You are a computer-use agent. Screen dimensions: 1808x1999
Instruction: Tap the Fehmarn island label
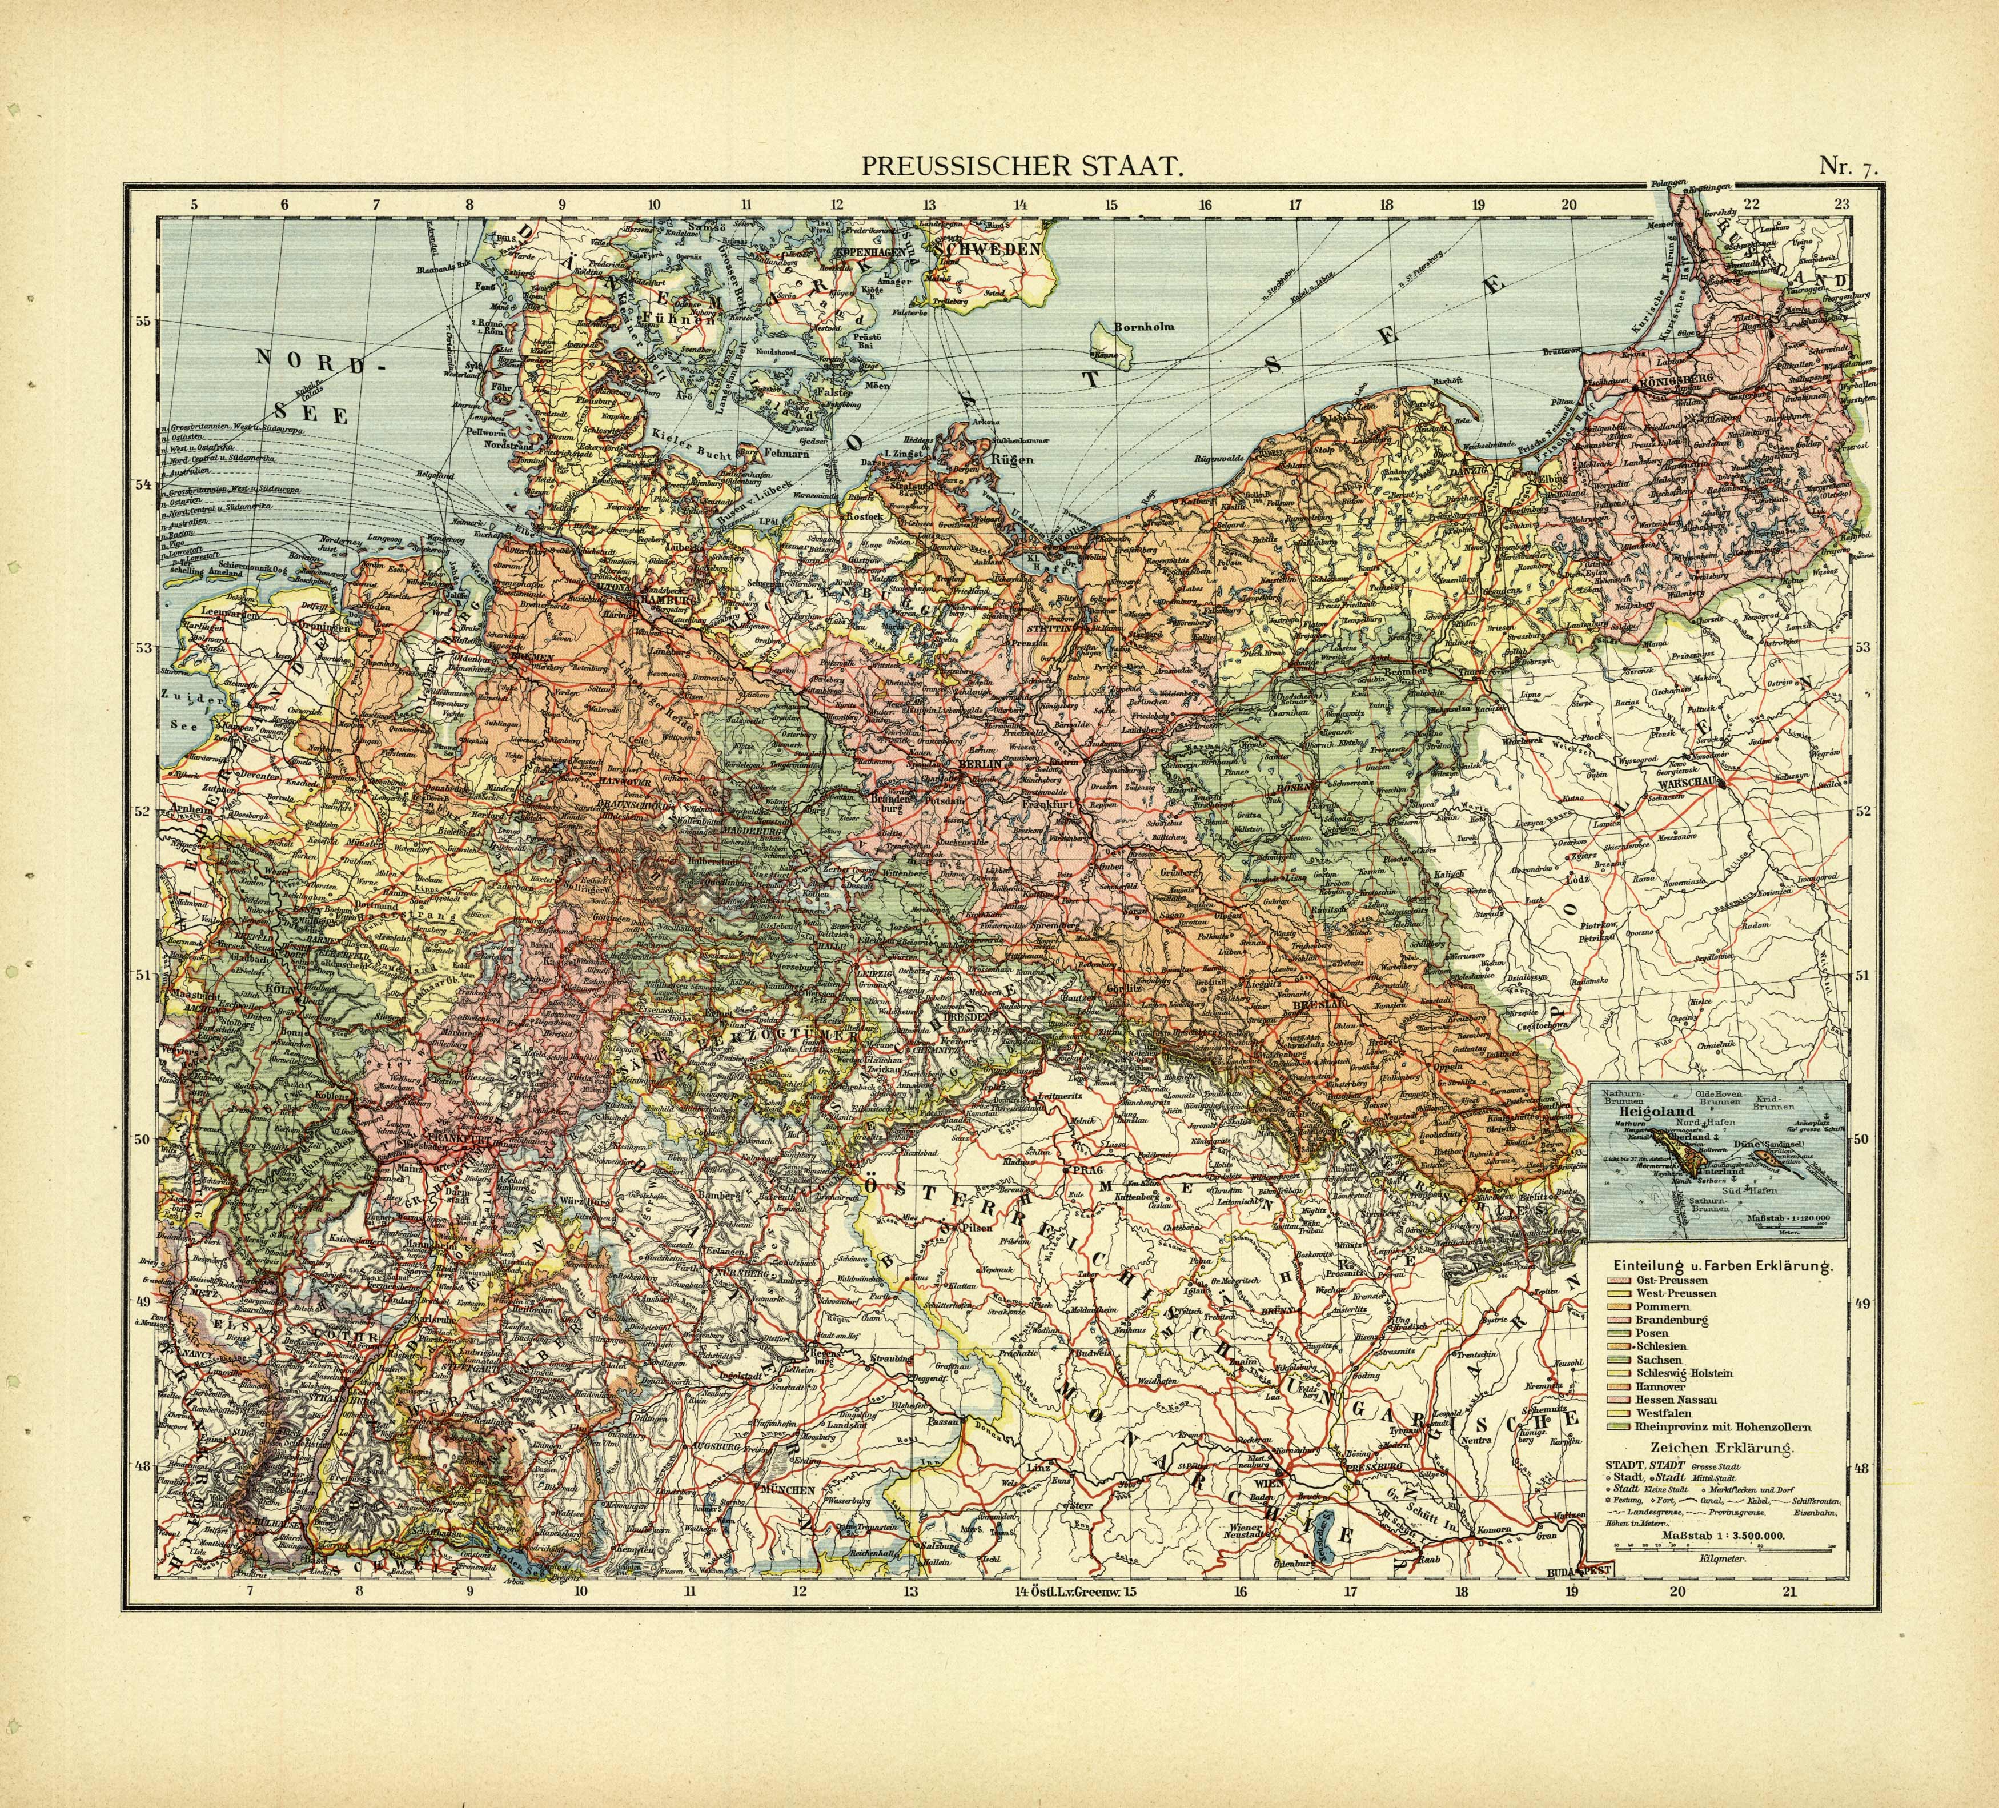788,453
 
